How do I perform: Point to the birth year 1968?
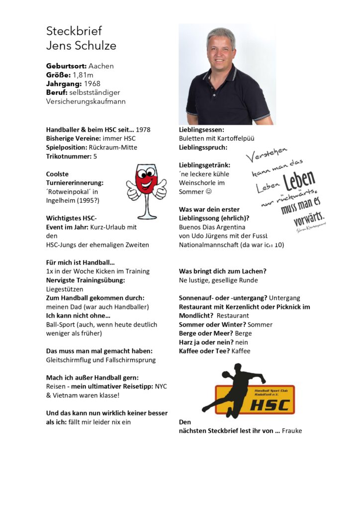(92, 84)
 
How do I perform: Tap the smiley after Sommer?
(209, 192)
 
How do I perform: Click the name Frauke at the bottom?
(292, 431)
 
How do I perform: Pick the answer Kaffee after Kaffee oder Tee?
(241, 351)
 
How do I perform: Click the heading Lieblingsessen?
(201, 129)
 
